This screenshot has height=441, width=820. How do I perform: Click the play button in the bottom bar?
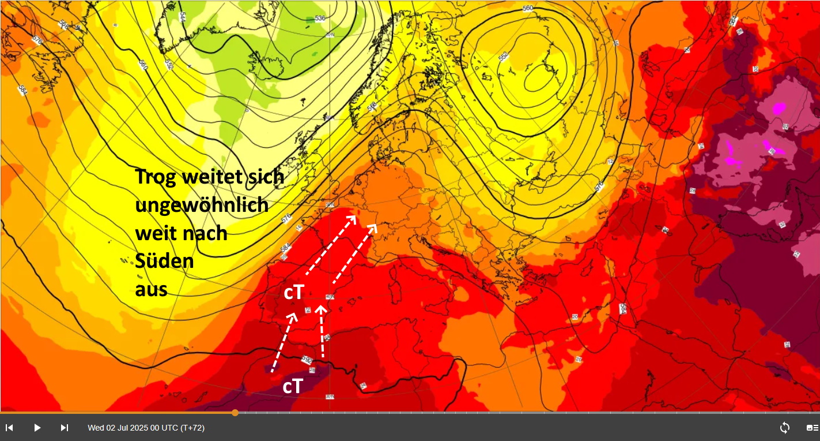click(37, 428)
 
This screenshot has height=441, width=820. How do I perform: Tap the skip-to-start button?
click(9, 428)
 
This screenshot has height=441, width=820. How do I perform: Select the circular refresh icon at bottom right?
click(784, 428)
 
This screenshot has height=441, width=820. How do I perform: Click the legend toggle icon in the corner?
click(813, 428)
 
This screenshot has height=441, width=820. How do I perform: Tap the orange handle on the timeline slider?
click(235, 412)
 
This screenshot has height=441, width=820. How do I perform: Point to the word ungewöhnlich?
click(202, 205)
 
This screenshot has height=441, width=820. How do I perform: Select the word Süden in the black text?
click(164, 261)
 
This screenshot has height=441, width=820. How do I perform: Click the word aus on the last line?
click(151, 289)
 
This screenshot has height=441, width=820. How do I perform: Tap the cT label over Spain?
click(293, 293)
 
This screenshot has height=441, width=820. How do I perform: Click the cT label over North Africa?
click(293, 386)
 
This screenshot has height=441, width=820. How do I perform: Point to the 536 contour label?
click(320, 18)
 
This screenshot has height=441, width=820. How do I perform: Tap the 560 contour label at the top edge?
click(527, 8)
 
